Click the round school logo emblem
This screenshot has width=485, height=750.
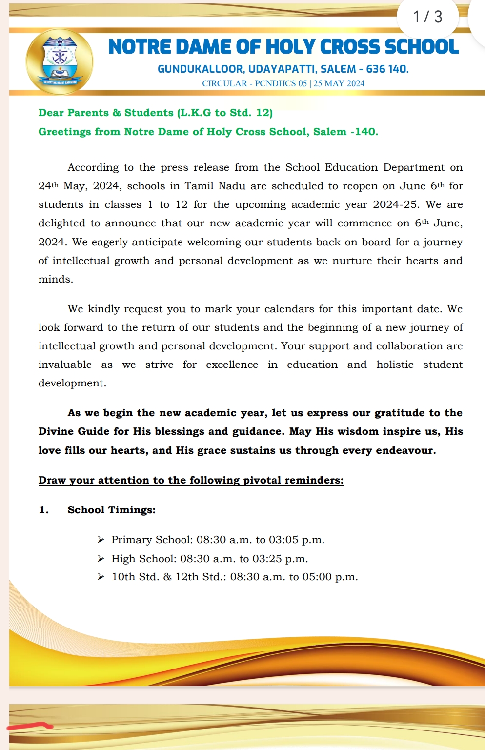pos(60,61)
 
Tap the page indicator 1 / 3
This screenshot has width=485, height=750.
pos(427,17)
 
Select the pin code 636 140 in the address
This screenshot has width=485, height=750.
pos(387,69)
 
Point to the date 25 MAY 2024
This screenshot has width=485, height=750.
pos(339,83)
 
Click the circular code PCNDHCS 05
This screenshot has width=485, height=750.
pos(281,83)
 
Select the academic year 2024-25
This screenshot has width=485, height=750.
pos(395,204)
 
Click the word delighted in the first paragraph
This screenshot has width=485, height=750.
pos(62,223)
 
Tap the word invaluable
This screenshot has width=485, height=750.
pos(65,365)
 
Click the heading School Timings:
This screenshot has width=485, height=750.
pos(111,510)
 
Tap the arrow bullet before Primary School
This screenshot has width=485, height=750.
pos(101,540)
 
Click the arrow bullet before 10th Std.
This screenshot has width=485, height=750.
pos(101,577)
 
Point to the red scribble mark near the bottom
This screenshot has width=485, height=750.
pos(29,727)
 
